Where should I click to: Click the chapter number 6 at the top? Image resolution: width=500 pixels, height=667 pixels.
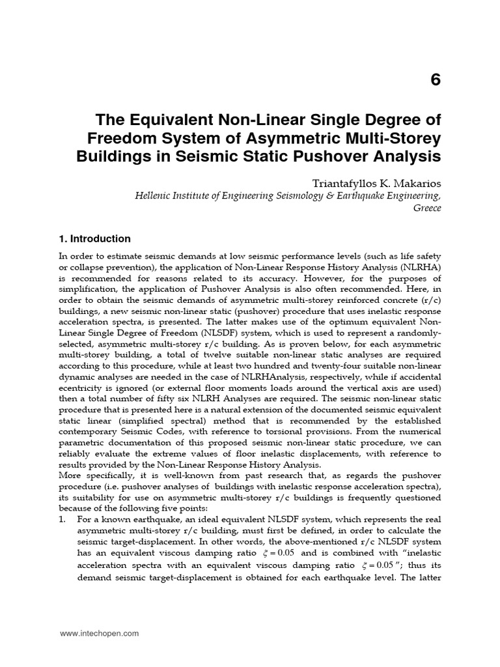(436, 79)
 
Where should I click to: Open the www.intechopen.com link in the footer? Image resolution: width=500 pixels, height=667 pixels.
(99, 633)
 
